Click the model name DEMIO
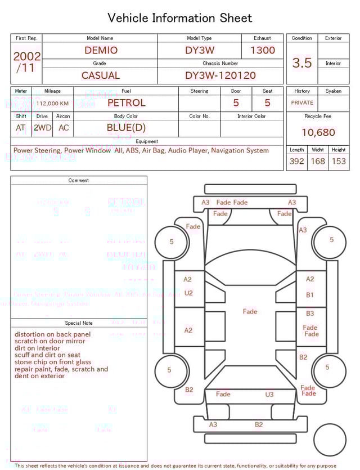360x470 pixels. click(x=101, y=50)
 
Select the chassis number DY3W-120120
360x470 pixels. click(x=220, y=75)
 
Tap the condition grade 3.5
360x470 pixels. click(x=302, y=63)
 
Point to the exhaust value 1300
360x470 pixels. click(x=263, y=50)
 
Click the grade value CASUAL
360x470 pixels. click(x=101, y=75)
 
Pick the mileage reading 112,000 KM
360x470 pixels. click(x=53, y=104)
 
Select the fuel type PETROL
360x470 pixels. click(x=126, y=103)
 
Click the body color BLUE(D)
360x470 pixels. click(x=126, y=128)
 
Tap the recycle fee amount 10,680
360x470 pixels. click(x=318, y=133)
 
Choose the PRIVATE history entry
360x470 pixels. click(x=302, y=103)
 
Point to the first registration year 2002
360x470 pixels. click(x=26, y=56)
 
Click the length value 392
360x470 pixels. click(x=296, y=162)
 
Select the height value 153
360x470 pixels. click(x=338, y=162)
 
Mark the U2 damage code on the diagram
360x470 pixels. click(x=188, y=293)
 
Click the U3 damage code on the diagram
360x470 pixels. click(x=269, y=395)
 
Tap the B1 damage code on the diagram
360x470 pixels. click(x=310, y=295)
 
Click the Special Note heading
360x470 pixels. click(x=79, y=323)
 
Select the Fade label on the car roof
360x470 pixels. click(x=250, y=311)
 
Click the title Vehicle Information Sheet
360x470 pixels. click(x=180, y=18)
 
